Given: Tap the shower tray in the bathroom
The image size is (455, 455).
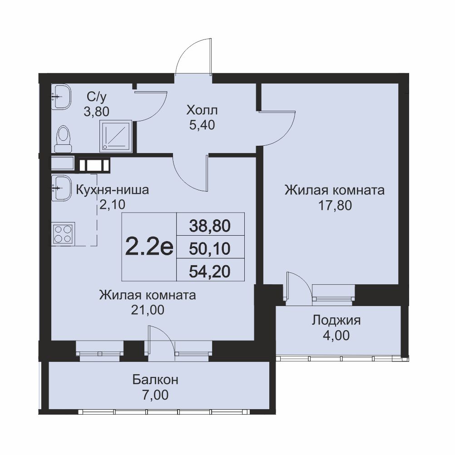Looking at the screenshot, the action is click(x=116, y=136).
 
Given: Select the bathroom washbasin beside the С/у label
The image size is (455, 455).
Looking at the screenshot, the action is click(x=61, y=96).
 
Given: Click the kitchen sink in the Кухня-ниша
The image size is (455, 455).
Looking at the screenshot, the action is click(x=61, y=188).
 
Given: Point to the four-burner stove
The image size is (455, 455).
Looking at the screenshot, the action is click(x=63, y=234).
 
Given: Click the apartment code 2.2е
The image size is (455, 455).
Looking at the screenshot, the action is click(x=149, y=247).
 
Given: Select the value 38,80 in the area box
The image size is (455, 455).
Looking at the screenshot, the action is click(x=210, y=226).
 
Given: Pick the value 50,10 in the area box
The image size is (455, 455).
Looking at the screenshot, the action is click(x=210, y=249).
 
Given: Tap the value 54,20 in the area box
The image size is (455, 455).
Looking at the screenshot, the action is click(x=210, y=272).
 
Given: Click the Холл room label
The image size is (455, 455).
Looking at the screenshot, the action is click(x=202, y=110).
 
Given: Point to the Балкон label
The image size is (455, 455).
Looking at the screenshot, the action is click(x=155, y=380).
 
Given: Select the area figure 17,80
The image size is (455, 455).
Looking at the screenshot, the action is click(x=335, y=205).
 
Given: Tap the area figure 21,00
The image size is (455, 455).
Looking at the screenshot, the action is click(x=148, y=310).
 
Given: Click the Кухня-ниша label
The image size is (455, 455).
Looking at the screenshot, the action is click(x=112, y=190).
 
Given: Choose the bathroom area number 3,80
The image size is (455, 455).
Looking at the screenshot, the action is click(x=96, y=111).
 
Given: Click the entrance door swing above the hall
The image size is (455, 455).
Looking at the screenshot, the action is click(x=193, y=56).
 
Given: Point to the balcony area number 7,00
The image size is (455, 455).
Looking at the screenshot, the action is click(x=156, y=395).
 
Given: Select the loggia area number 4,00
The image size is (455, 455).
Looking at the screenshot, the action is click(x=336, y=336).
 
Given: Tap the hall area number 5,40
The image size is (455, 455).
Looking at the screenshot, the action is click(x=202, y=125).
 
